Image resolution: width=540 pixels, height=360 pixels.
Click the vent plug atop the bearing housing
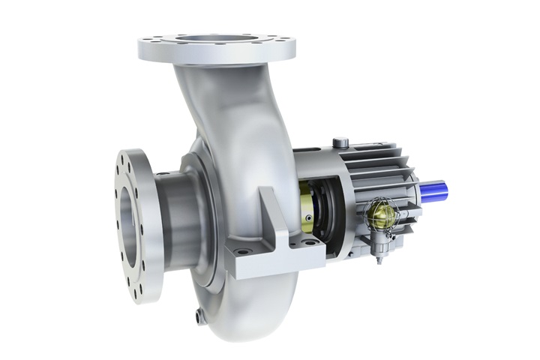[x=339, y=141]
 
